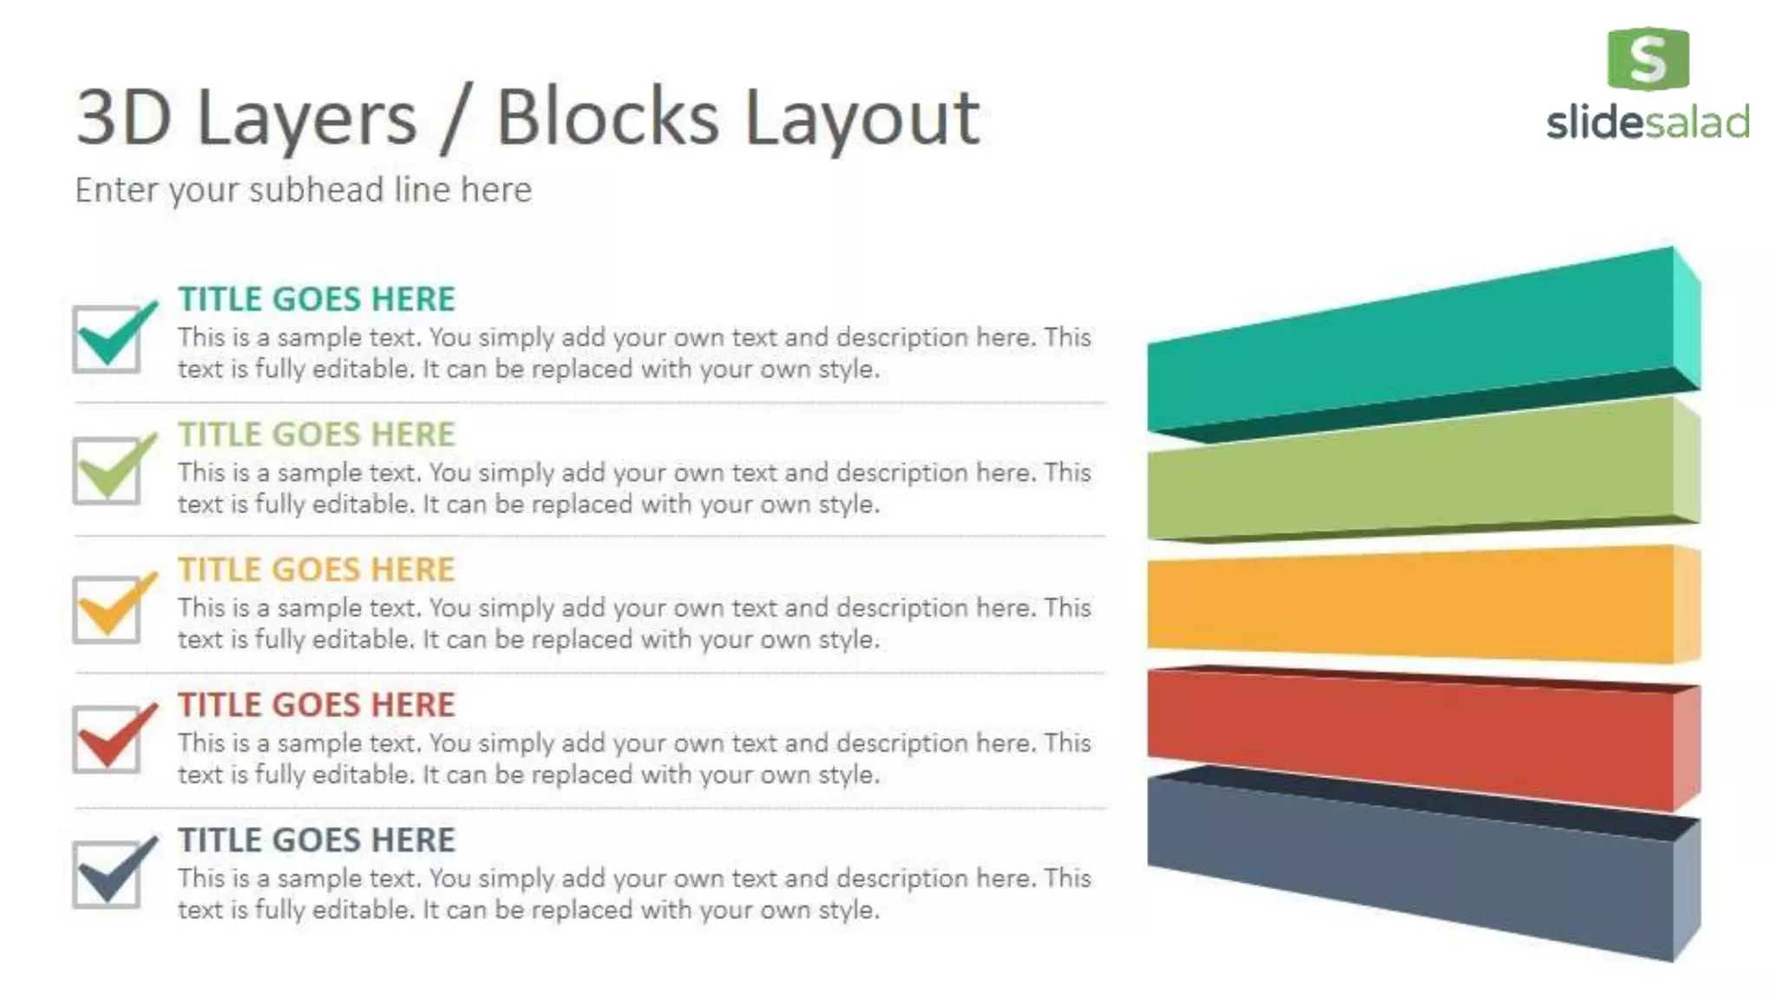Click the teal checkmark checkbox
coord(108,339)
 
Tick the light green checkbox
coord(108,470)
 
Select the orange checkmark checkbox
coord(108,609)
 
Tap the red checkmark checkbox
coord(108,740)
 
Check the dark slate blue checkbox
coord(108,875)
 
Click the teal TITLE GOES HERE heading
coord(317,299)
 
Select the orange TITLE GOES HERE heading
coord(317,570)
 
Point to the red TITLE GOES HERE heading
coord(317,705)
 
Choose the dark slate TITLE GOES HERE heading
coord(317,840)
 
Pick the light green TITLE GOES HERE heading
coord(317,435)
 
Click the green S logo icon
coord(1648,59)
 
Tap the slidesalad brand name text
coord(1648,122)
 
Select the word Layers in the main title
coord(307,119)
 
